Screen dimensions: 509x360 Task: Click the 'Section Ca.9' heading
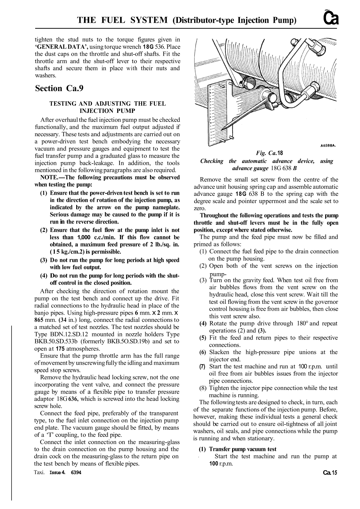tap(59, 89)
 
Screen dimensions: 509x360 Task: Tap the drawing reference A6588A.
tap(329, 145)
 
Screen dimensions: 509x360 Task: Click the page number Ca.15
tap(330, 473)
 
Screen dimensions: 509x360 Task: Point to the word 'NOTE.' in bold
tap(49, 178)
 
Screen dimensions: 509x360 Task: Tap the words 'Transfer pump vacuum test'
tap(243, 449)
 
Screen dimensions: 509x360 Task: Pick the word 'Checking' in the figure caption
tap(212, 161)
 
